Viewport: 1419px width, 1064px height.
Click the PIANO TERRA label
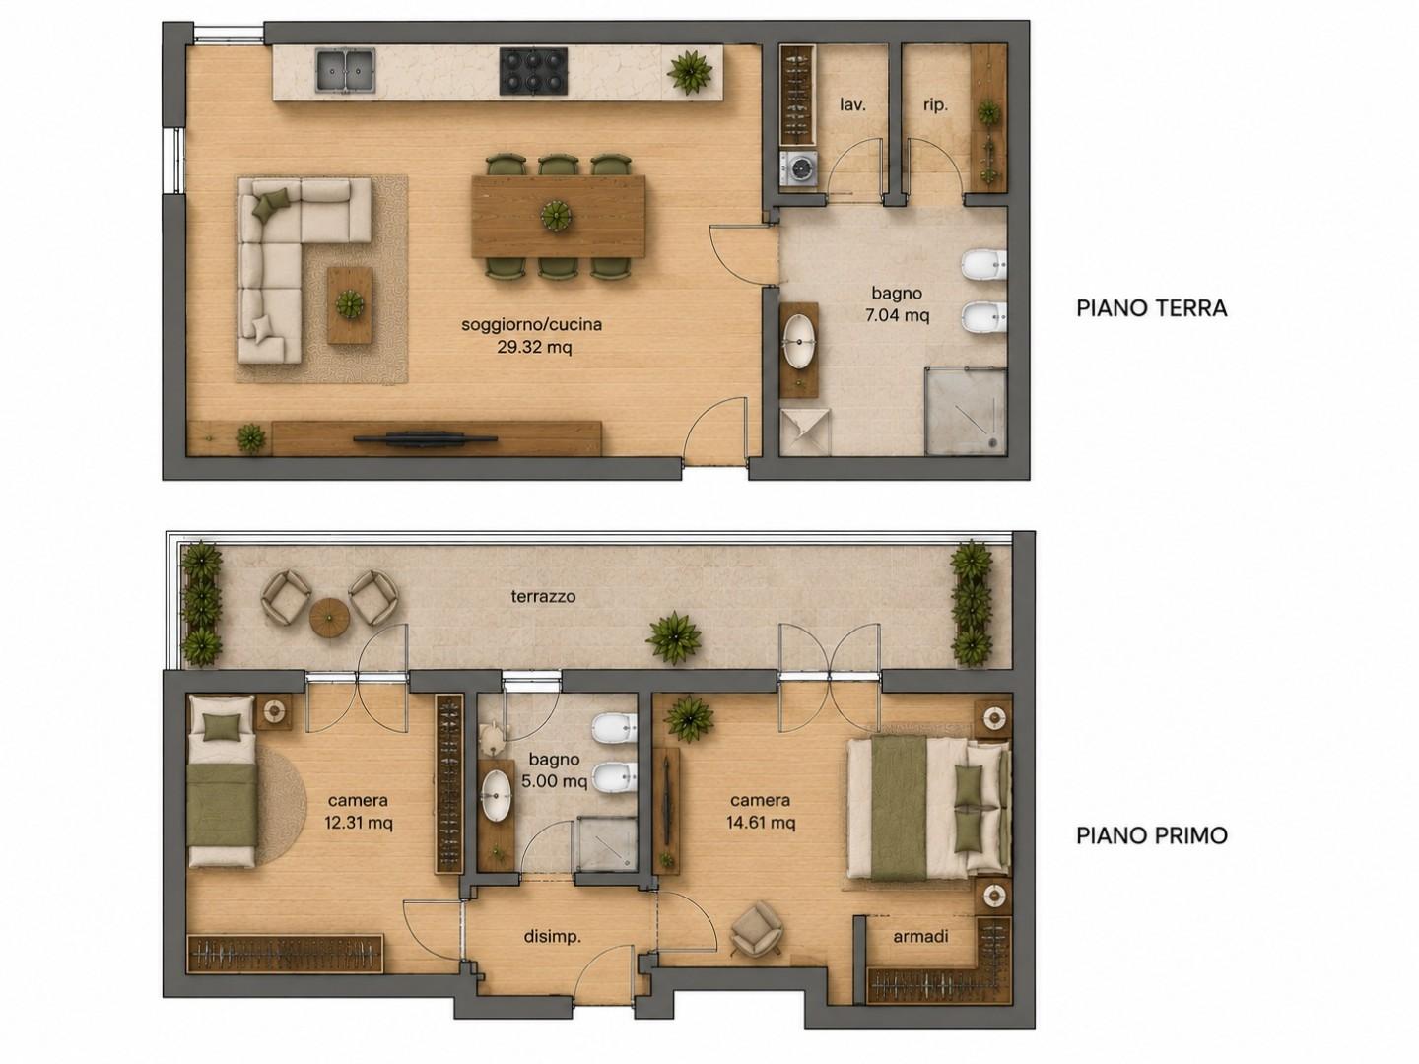(x=1151, y=308)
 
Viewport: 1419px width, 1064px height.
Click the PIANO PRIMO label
(x=1151, y=835)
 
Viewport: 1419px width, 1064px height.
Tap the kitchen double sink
(x=346, y=70)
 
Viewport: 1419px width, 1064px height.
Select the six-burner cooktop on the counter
(x=533, y=71)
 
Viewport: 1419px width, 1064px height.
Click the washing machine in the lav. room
(x=798, y=170)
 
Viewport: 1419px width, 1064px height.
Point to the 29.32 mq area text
(x=534, y=348)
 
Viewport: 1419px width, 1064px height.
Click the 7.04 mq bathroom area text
(x=897, y=316)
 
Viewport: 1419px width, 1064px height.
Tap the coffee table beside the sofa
(x=350, y=305)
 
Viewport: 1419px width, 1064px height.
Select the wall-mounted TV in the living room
(x=425, y=439)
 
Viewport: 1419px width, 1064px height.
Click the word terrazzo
(x=543, y=596)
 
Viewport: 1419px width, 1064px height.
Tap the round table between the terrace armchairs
(x=330, y=617)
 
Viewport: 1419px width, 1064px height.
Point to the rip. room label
(x=935, y=105)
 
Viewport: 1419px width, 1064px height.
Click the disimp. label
(x=552, y=937)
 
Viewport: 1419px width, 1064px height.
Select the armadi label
(x=920, y=936)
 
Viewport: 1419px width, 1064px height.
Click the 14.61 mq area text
(x=760, y=823)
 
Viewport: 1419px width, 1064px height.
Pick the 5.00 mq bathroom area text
(x=555, y=781)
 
